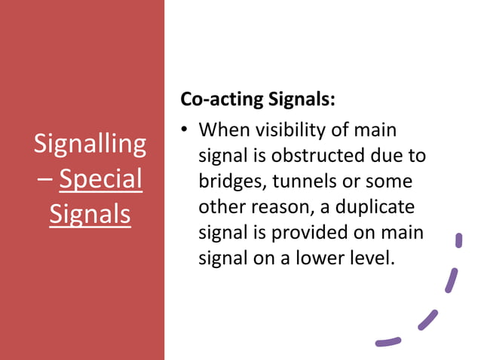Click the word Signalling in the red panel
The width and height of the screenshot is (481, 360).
pyautogui.click(x=90, y=143)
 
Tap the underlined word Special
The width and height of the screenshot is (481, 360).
pyautogui.click(x=100, y=178)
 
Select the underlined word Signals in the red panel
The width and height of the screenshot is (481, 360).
pyautogui.click(x=90, y=214)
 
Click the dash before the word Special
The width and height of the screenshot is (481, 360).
pyautogui.click(x=43, y=180)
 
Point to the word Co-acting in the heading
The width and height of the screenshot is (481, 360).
pyautogui.click(x=222, y=99)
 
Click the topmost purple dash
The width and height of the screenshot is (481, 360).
pyautogui.click(x=458, y=241)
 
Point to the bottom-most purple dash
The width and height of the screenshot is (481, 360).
pyautogui.click(x=388, y=341)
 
